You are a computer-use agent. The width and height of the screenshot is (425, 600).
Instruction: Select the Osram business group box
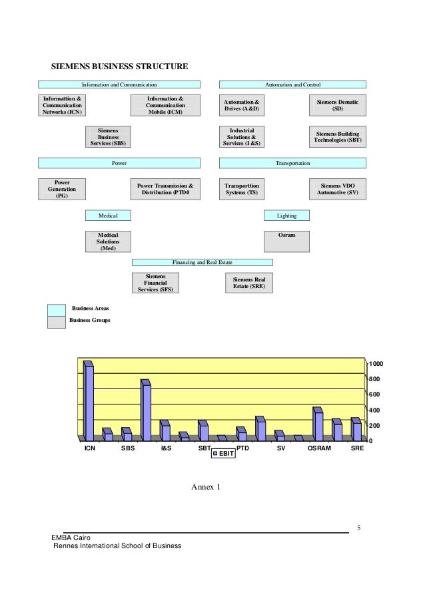tap(286, 241)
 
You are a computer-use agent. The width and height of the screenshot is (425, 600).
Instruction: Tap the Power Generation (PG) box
tap(62, 189)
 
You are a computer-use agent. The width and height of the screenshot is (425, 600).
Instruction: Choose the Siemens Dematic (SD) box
tap(338, 104)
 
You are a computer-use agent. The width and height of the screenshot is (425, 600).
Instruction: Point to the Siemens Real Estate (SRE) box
tap(249, 283)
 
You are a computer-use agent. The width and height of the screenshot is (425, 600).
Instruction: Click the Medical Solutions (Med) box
tap(108, 241)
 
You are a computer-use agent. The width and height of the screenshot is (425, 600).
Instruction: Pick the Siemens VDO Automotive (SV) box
tap(338, 189)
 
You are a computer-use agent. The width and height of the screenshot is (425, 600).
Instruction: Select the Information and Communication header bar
tap(119, 85)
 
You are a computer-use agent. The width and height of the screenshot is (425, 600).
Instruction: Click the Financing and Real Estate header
tap(202, 263)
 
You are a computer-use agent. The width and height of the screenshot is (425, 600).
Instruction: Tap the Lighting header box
tap(286, 216)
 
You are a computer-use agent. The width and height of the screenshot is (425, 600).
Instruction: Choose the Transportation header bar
tap(293, 163)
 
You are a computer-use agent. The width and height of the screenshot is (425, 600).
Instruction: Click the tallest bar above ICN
tap(89, 402)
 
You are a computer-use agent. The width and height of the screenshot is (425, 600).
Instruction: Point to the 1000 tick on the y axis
tap(376, 365)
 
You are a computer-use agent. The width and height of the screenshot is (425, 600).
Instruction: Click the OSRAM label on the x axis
tap(319, 449)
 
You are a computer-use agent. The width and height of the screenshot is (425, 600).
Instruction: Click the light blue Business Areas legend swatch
tap(57, 309)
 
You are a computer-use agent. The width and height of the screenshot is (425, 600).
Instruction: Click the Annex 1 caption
tap(206, 488)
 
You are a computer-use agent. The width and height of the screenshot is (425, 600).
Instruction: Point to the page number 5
tap(358, 528)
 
